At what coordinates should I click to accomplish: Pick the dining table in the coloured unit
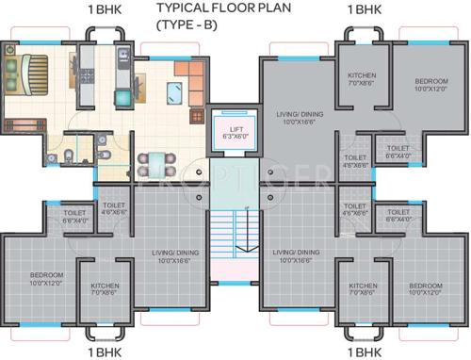click(x=153, y=161)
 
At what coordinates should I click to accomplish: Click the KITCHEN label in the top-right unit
click(x=363, y=75)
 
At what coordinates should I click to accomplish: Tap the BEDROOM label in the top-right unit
click(x=427, y=83)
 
